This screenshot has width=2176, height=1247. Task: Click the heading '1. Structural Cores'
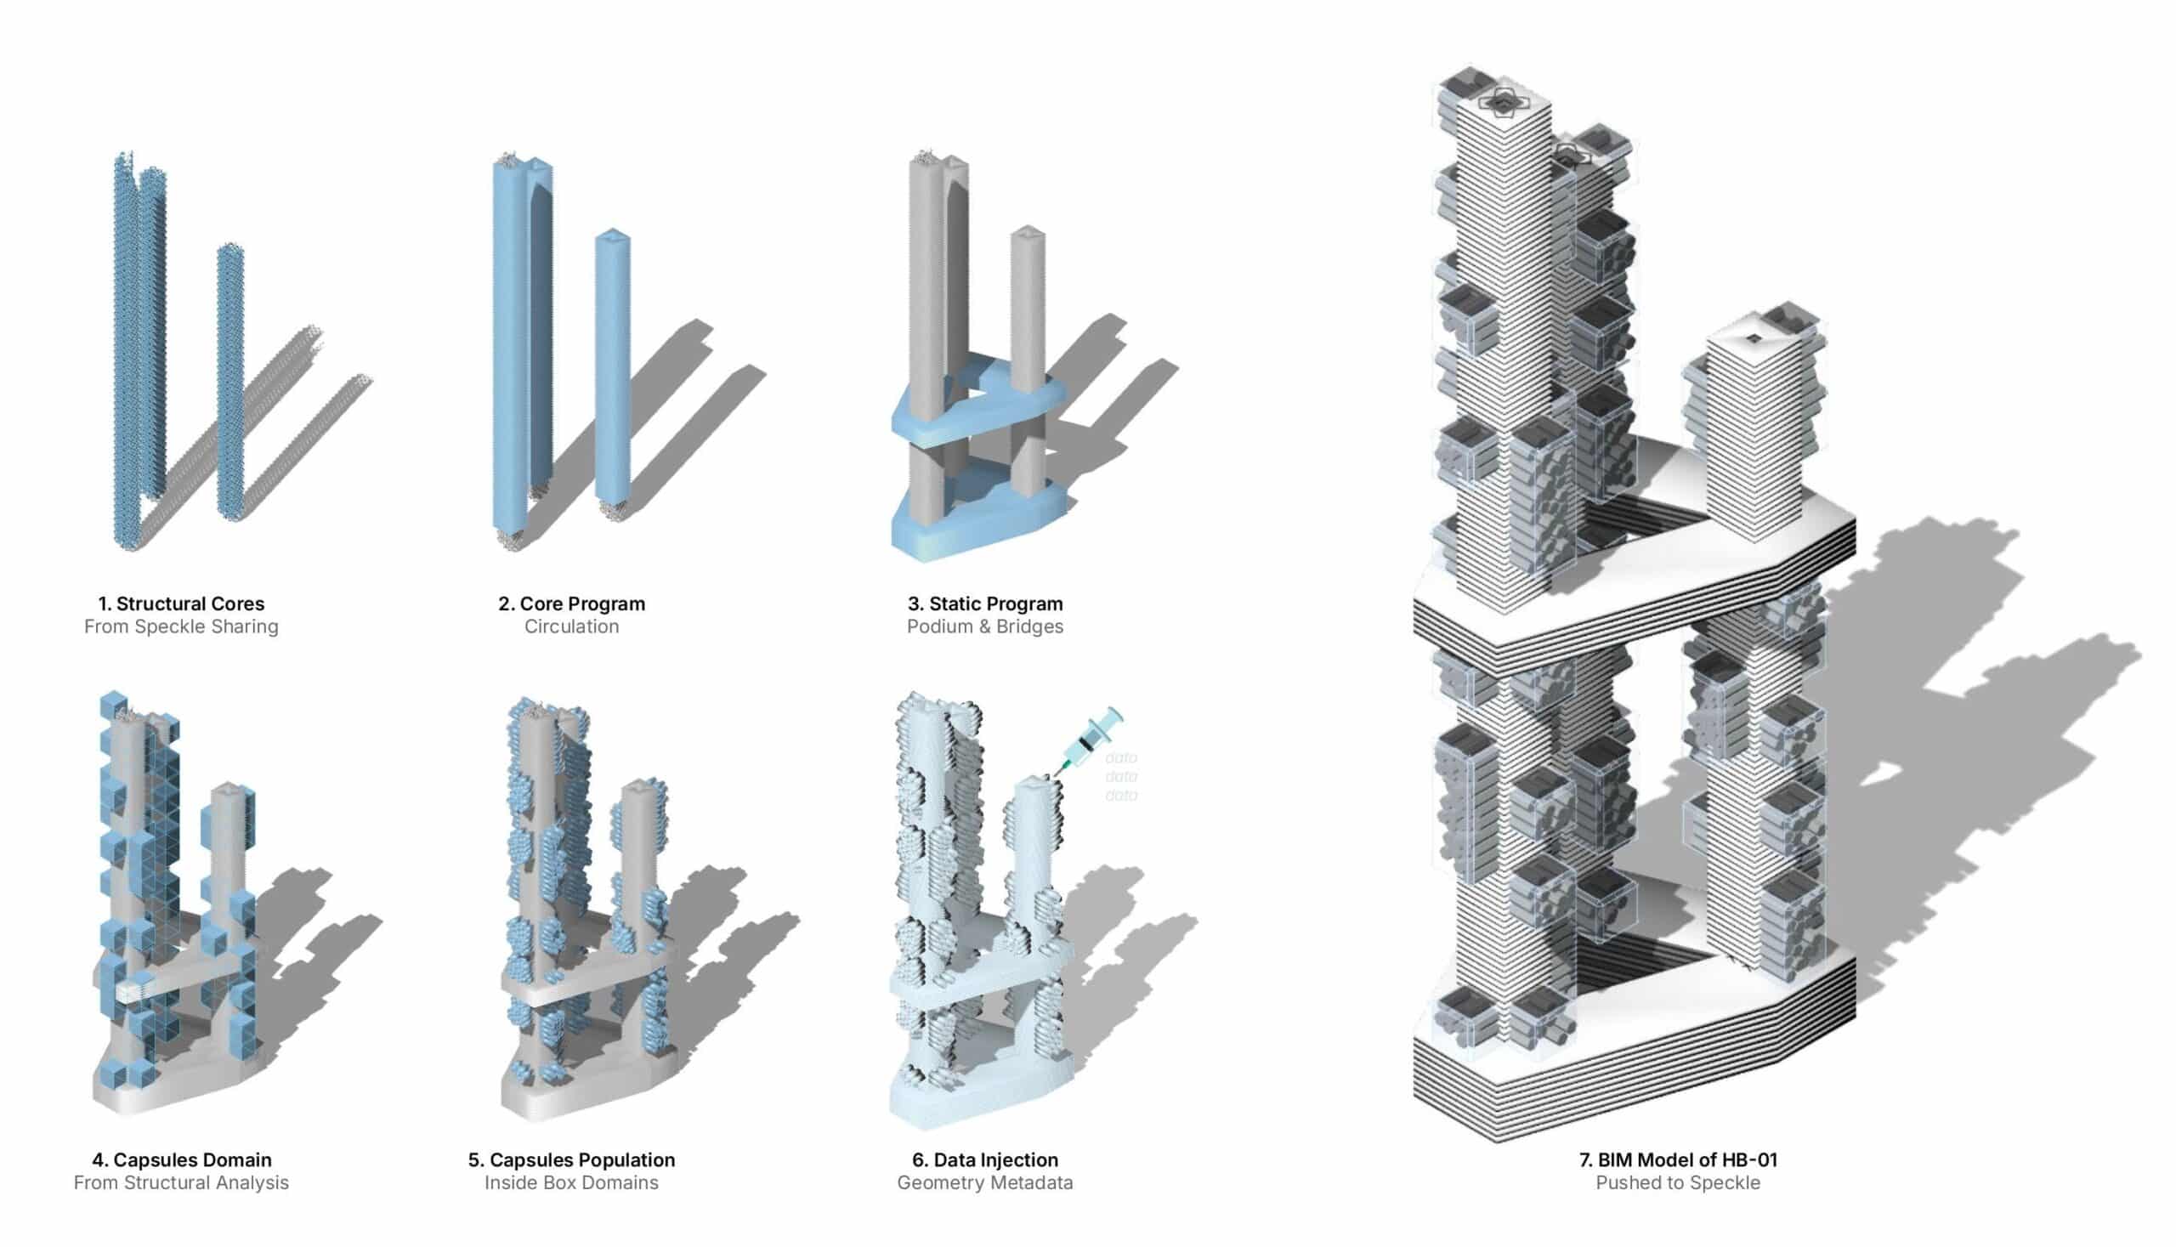[x=181, y=604]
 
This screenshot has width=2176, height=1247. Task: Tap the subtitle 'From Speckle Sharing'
[x=181, y=627]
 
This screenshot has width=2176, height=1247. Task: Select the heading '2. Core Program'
[x=571, y=604]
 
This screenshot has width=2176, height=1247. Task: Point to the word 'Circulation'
[x=571, y=627]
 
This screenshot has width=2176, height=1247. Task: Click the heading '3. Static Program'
[x=985, y=604]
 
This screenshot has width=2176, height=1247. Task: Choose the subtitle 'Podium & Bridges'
[x=985, y=627]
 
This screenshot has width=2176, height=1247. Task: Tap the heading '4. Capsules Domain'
[x=182, y=1159]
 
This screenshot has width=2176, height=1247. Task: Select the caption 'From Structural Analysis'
[x=181, y=1182]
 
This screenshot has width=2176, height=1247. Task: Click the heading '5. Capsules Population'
[x=571, y=1159]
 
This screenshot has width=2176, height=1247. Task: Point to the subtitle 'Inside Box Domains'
[x=571, y=1182]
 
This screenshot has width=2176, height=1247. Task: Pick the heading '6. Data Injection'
[x=985, y=1159]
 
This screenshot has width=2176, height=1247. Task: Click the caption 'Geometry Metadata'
[x=985, y=1182]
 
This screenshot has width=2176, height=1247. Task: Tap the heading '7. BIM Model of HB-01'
[x=1678, y=1159]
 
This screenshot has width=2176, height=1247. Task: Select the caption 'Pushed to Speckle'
[x=1678, y=1182]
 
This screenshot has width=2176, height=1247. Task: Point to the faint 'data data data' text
[x=1121, y=777]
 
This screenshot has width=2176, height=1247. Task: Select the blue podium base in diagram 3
[x=977, y=519]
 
